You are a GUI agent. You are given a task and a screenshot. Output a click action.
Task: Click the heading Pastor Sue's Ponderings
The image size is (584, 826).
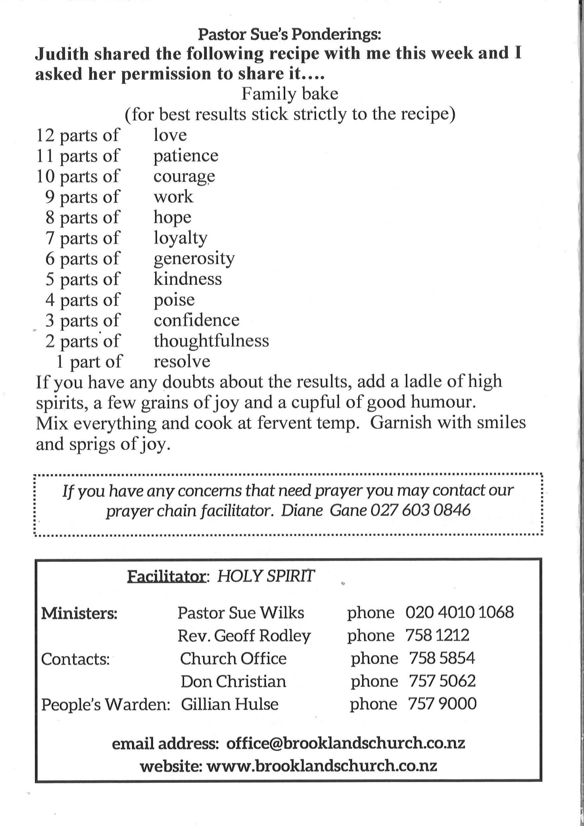289,35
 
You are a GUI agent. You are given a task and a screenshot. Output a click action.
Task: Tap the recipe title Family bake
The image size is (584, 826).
290,94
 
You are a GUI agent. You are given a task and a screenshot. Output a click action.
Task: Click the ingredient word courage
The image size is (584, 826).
184,177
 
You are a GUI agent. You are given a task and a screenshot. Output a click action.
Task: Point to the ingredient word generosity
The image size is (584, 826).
194,259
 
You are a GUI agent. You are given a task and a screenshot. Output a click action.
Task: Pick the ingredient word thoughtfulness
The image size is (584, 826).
211,341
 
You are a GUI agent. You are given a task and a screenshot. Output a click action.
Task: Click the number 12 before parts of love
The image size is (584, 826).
45,135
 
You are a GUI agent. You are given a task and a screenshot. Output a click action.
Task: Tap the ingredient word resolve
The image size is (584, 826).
182,361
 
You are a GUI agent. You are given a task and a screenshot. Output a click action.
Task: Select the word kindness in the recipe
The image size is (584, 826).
188,279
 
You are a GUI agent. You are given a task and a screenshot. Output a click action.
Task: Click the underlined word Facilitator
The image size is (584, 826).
167,577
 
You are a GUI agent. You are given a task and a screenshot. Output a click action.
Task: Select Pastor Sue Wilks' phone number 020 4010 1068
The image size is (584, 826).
459,613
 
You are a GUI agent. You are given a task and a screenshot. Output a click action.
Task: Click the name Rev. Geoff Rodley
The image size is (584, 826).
244,636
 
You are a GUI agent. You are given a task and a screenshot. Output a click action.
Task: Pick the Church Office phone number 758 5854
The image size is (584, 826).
442,659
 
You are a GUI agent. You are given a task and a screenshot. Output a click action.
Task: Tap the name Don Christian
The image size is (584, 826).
233,682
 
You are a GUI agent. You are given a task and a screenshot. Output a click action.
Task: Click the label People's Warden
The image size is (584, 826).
106,705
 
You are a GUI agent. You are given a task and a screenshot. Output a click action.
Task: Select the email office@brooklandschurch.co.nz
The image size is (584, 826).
346,743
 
